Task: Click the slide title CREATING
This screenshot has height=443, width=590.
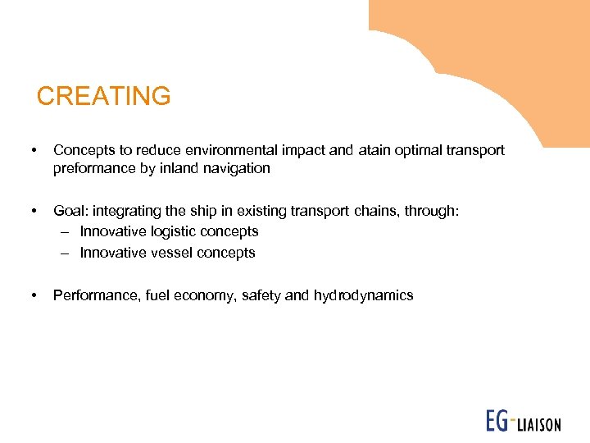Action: point(104,96)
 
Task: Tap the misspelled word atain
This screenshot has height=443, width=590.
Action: point(375,150)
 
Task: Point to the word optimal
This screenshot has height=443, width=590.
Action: point(422,150)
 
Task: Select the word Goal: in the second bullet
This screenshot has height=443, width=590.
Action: point(70,212)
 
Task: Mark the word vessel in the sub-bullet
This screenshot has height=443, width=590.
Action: point(169,253)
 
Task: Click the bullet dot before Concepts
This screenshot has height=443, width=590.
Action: point(33,151)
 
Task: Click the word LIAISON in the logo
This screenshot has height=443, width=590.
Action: point(538,424)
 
